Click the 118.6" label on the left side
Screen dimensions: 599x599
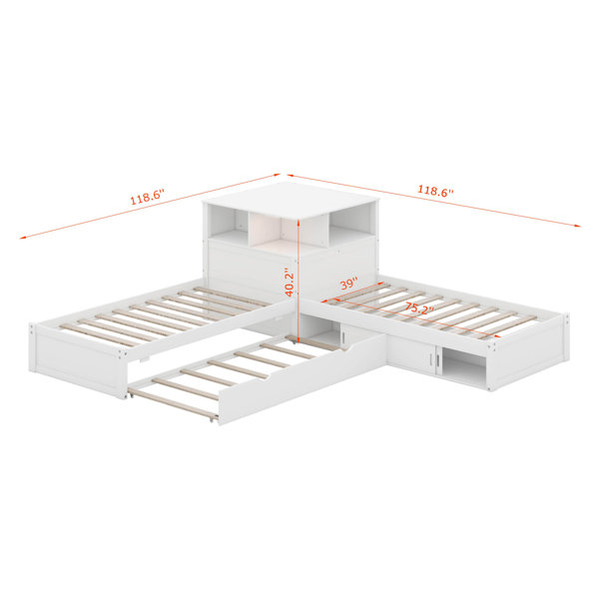(147, 197)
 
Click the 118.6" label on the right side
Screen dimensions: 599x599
(435, 191)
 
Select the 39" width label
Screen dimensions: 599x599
(348, 285)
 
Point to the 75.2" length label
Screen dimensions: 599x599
(418, 307)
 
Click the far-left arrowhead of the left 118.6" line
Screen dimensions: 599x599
(22, 238)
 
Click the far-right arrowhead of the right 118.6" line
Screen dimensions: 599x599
(577, 226)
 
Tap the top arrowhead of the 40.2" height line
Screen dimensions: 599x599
(298, 222)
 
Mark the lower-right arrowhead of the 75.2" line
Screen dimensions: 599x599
(497, 336)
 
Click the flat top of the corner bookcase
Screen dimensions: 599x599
(291, 201)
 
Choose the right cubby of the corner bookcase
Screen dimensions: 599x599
(351, 224)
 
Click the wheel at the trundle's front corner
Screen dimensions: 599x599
(211, 419)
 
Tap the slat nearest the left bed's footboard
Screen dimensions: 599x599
(98, 335)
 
